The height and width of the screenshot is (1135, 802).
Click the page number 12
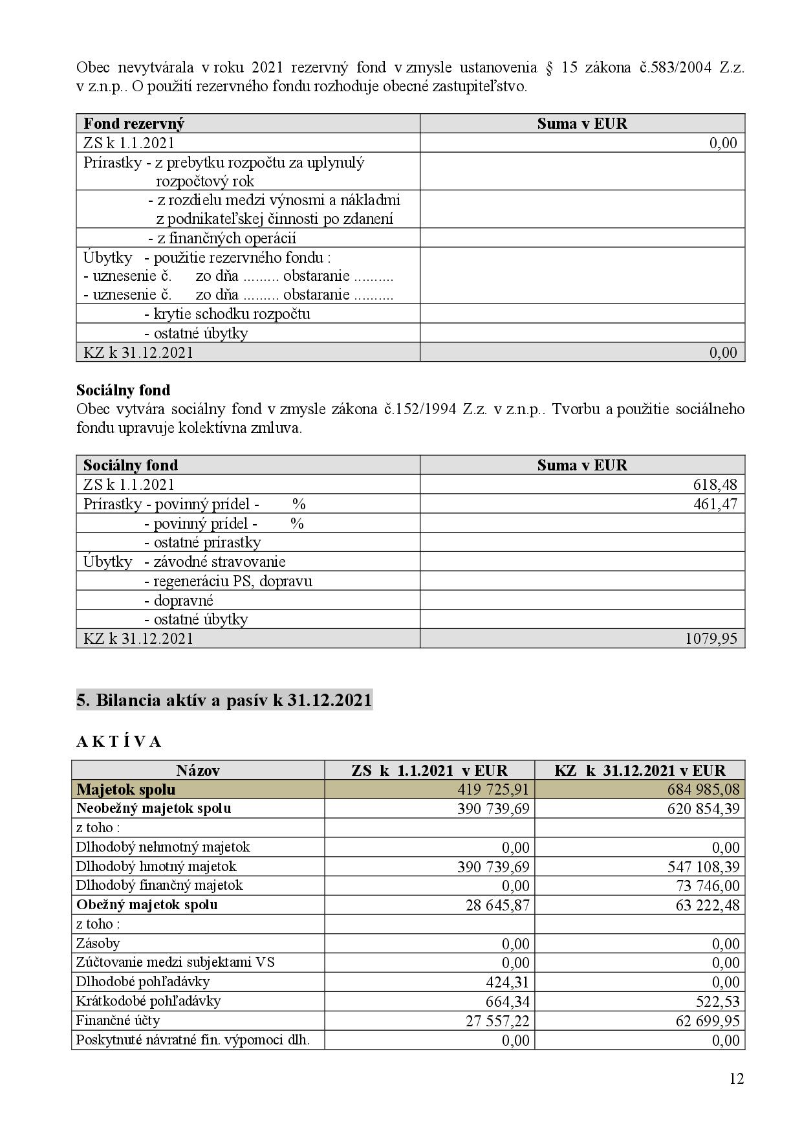[x=737, y=1079]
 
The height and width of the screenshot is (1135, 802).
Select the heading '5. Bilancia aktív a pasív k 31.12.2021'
[x=224, y=701]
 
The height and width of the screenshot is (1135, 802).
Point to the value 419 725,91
[x=493, y=789]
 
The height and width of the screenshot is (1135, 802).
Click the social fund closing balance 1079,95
[x=711, y=639]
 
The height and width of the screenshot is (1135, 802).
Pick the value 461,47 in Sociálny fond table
[x=715, y=504]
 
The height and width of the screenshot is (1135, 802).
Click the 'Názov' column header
[x=198, y=770]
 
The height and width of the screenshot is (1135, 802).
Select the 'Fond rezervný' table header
[x=134, y=124]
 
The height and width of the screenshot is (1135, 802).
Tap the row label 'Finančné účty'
[x=118, y=1020]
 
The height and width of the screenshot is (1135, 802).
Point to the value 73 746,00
[x=707, y=886]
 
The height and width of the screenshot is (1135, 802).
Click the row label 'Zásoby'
[x=98, y=943]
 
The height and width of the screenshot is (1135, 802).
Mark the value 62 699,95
[x=707, y=1021]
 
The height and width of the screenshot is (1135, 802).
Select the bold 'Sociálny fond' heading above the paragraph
[x=124, y=390]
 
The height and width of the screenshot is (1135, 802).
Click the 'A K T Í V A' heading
[x=119, y=742]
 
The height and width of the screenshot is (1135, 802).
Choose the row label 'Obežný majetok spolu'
[x=147, y=905]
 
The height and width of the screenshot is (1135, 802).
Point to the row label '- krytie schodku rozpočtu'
[x=227, y=314]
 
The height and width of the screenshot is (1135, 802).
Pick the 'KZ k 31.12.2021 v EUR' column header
[x=640, y=770]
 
